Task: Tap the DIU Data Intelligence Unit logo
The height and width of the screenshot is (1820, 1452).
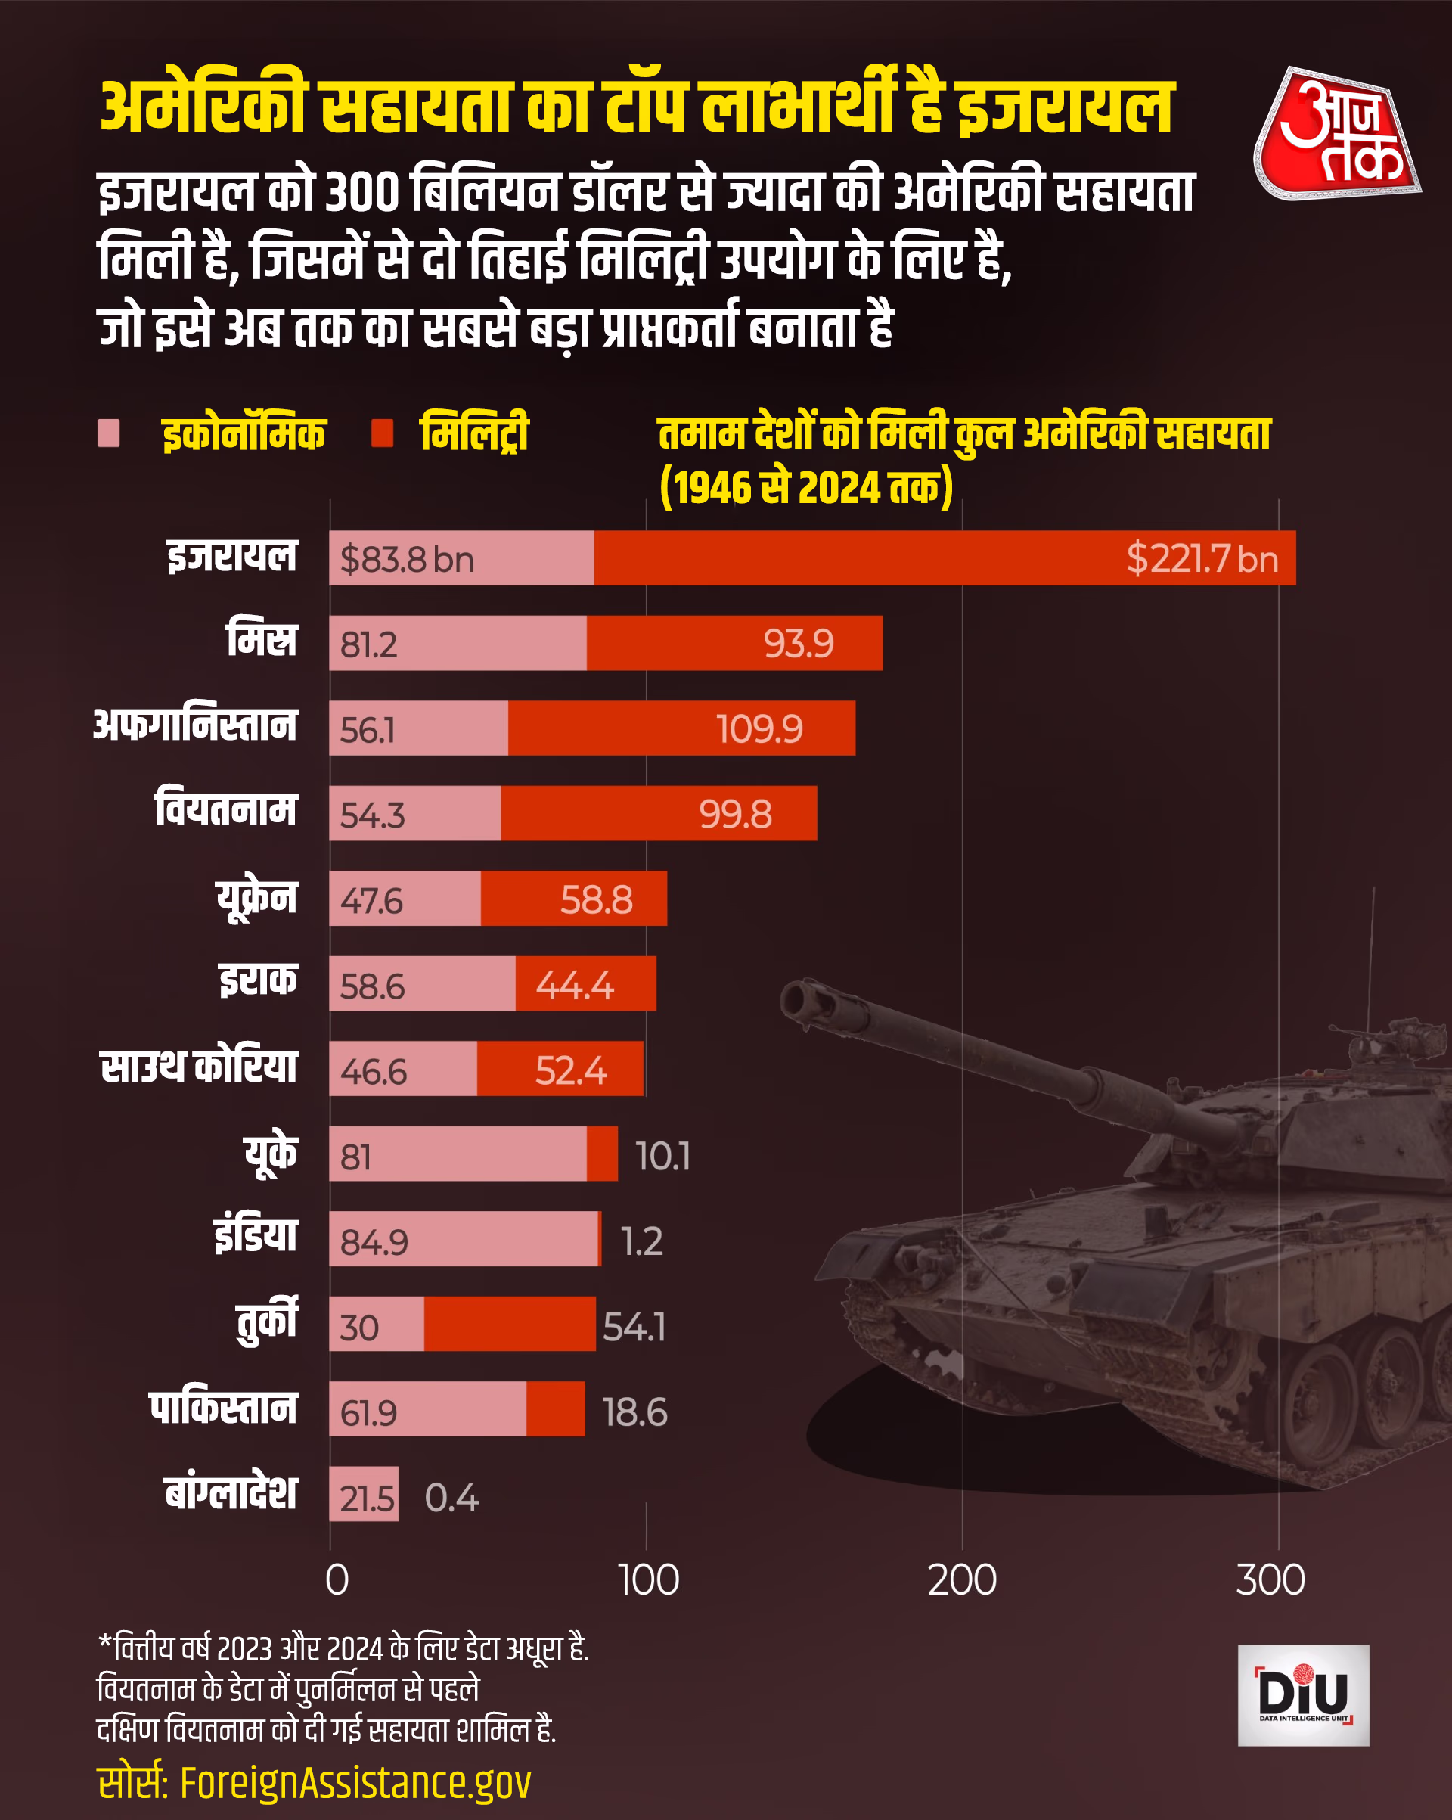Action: [1302, 1694]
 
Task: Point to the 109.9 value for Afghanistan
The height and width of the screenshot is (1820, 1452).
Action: [759, 728]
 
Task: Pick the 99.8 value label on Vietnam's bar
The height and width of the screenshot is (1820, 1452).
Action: [734, 814]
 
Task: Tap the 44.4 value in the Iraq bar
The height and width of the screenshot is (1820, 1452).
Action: [574, 984]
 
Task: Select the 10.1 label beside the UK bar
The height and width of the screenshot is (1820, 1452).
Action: [662, 1156]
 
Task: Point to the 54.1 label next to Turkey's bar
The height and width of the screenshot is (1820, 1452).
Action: [634, 1326]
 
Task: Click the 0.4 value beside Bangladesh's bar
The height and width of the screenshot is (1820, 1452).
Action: [451, 1498]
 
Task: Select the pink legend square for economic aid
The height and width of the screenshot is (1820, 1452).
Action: [109, 433]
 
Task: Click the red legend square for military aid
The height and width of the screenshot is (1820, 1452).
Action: [383, 433]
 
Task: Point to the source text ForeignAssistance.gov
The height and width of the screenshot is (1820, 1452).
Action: [355, 1782]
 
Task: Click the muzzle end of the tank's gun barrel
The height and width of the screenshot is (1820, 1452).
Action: [797, 999]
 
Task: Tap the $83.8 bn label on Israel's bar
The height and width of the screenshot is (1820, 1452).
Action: [407, 560]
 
